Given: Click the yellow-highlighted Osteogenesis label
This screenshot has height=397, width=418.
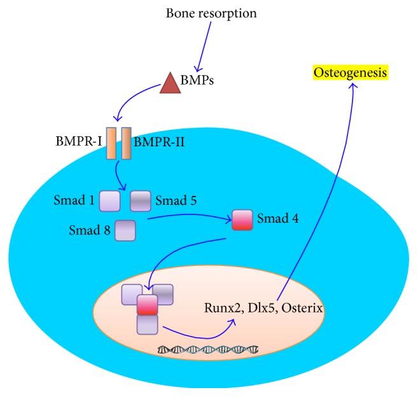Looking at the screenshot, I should tap(352, 73).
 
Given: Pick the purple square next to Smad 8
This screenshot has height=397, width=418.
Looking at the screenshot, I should tap(124, 228).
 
